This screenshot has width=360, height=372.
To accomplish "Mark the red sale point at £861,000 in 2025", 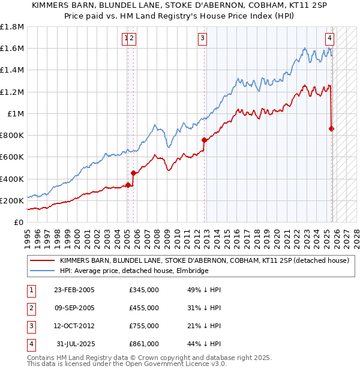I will click(x=332, y=128).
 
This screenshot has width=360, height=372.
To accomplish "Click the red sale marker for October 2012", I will click(x=204, y=140).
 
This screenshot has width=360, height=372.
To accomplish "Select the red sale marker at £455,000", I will click(x=133, y=173).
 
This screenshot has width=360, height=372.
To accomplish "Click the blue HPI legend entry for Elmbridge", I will click(x=134, y=271).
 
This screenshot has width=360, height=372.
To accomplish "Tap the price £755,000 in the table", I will click(x=144, y=326).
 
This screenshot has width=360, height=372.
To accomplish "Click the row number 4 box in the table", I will click(x=31, y=344).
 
